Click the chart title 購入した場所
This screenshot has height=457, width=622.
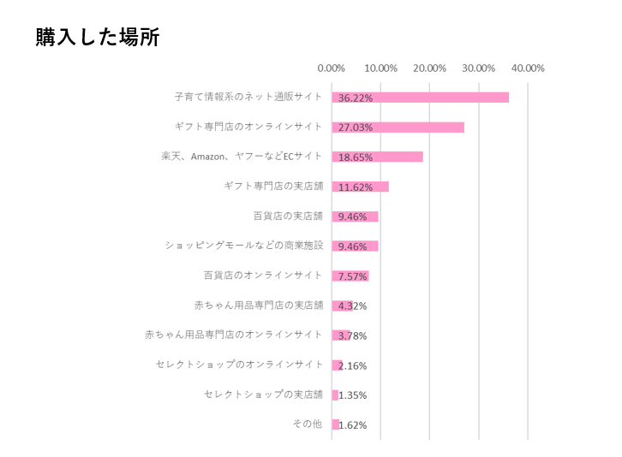pyautogui.click(x=97, y=38)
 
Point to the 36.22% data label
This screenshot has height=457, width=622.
pyautogui.click(x=355, y=98)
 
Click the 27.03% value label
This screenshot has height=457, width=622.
pyautogui.click(x=355, y=128)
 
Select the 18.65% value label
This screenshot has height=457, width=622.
pyautogui.click(x=355, y=157)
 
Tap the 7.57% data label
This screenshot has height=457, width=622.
pyautogui.click(x=352, y=276)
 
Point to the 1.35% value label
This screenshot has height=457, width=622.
pyautogui.click(x=352, y=395)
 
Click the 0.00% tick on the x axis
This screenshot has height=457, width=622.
pyautogui.click(x=332, y=68)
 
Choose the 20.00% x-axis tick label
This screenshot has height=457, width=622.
pyautogui.click(x=430, y=68)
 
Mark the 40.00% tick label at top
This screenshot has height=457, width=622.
pyautogui.click(x=528, y=68)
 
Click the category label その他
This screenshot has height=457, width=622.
pyautogui.click(x=307, y=424)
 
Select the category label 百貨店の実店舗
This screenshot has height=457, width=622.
pyautogui.click(x=288, y=216)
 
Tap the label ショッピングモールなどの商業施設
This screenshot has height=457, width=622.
pyautogui.click(x=244, y=246)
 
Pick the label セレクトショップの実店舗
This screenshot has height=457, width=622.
pyautogui.click(x=263, y=395)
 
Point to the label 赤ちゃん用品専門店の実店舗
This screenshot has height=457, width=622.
pyautogui.click(x=259, y=305)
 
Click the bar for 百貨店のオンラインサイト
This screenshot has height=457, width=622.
pyautogui.click(x=350, y=276)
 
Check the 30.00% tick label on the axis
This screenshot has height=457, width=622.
pyautogui.click(x=479, y=68)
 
